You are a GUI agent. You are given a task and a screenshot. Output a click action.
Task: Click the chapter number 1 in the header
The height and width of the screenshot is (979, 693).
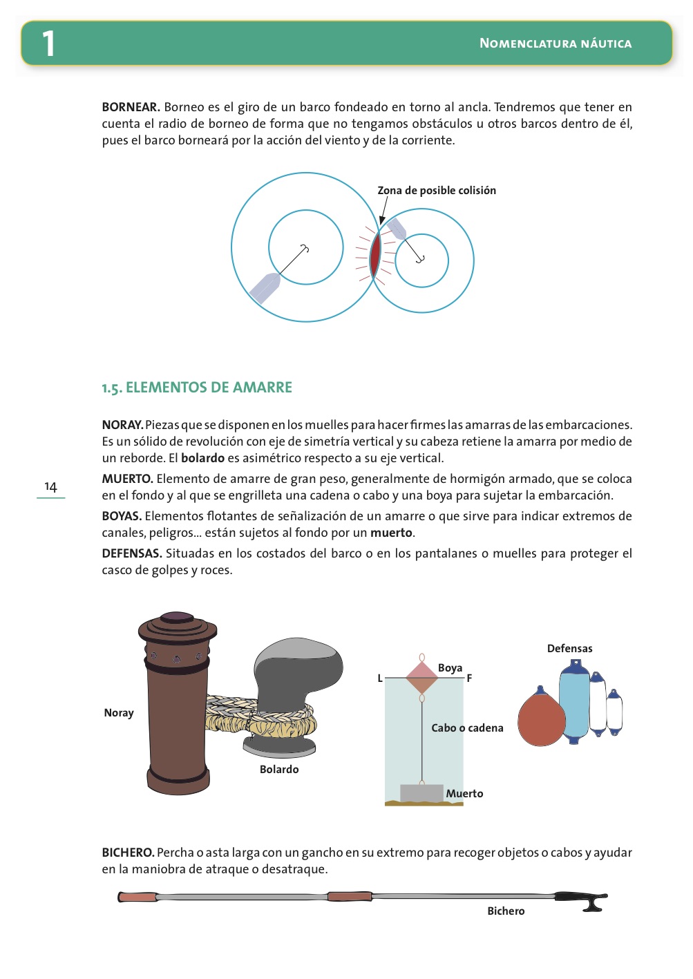48,44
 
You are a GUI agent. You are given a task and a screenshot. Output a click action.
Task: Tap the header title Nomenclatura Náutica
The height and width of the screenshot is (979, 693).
556,44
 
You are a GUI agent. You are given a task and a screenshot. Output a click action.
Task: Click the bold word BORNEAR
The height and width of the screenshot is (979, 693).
131,107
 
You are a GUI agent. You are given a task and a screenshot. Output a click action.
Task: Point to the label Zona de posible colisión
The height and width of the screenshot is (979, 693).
436,191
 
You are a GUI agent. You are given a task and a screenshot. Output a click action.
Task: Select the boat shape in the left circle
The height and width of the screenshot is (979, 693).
265,288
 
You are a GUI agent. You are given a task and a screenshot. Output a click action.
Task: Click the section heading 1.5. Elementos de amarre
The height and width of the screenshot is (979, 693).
197,388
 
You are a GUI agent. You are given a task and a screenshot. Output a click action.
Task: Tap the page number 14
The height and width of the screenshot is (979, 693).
50,486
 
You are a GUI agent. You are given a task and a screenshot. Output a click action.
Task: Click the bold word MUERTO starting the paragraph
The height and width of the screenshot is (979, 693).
127,479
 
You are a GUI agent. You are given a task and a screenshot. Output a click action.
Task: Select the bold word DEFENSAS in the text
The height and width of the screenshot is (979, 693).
132,553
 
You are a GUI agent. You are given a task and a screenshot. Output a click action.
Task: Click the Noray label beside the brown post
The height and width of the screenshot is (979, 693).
119,713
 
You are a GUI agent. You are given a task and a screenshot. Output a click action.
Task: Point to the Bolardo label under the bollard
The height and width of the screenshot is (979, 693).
279,770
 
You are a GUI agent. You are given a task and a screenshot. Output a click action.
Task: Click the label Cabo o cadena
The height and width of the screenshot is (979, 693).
467,728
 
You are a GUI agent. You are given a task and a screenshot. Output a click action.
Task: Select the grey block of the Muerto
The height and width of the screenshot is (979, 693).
421,792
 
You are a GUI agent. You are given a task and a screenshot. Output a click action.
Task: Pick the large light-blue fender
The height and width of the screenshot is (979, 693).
574,702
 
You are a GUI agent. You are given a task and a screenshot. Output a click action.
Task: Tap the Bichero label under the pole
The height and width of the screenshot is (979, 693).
506,911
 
